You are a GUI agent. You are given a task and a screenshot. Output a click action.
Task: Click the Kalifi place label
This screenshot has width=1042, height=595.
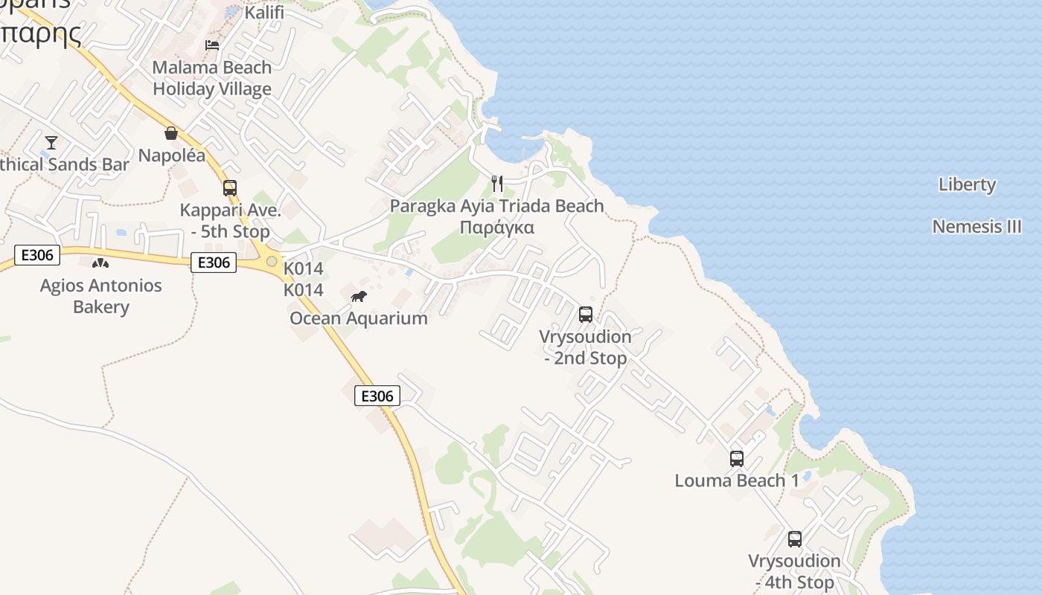(x=264, y=13)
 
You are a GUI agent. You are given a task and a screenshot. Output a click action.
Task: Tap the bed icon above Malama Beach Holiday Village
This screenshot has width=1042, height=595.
(x=212, y=45)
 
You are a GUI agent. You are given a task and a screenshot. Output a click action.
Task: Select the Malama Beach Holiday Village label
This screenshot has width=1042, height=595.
(x=212, y=78)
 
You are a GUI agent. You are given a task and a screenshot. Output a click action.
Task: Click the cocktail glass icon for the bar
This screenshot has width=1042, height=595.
(x=51, y=142)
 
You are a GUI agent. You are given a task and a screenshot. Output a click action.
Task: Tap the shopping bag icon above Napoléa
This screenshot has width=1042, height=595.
(x=171, y=133)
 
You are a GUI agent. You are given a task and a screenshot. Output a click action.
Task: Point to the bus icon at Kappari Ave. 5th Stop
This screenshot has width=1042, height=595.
(x=230, y=187)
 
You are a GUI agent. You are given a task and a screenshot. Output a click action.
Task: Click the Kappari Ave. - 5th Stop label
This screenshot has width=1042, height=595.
(x=230, y=221)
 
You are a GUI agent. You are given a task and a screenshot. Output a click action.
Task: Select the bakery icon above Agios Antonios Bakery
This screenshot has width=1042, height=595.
(x=100, y=263)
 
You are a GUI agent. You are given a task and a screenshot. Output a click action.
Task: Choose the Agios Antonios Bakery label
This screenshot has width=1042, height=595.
(x=100, y=296)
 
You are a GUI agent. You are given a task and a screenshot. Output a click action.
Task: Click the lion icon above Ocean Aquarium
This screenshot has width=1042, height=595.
(x=359, y=297)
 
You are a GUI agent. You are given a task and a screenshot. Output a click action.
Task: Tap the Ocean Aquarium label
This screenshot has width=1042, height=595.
(x=359, y=318)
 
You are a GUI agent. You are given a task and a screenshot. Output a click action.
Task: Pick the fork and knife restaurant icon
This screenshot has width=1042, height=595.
(x=497, y=183)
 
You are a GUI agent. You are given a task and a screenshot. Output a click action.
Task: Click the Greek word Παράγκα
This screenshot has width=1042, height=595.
(x=497, y=228)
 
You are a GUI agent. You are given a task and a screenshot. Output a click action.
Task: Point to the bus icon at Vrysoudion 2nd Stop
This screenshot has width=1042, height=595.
(x=586, y=314)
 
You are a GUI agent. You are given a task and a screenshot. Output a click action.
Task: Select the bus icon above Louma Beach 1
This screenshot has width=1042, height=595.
(x=737, y=458)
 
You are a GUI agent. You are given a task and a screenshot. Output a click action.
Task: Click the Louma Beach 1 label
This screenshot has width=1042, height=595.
(x=737, y=480)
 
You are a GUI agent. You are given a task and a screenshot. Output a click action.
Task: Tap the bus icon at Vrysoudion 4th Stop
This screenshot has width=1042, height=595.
(x=795, y=539)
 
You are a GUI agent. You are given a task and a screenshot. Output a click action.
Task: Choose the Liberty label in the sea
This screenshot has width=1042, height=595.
(x=967, y=184)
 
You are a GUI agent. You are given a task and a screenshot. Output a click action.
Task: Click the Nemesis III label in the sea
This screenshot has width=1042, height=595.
(x=977, y=226)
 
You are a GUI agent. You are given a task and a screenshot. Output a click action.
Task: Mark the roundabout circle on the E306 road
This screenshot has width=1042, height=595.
(x=272, y=261)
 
